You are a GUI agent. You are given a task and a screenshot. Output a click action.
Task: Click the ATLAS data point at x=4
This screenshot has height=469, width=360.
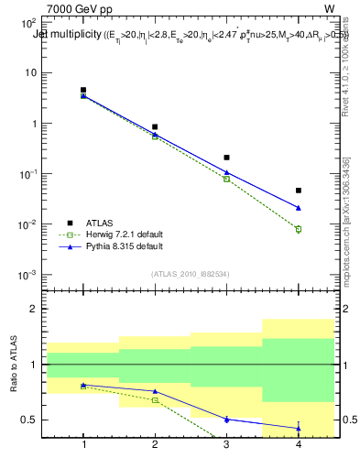[x=299, y=191]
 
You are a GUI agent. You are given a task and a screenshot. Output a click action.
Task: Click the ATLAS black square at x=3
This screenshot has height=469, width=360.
[x=227, y=158]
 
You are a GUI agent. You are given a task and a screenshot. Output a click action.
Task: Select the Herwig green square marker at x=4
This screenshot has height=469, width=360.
[x=299, y=229]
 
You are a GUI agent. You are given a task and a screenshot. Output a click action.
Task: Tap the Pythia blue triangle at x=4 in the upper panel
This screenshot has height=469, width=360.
[x=299, y=207]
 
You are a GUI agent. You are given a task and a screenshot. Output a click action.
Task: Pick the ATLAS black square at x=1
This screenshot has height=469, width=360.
[x=83, y=91]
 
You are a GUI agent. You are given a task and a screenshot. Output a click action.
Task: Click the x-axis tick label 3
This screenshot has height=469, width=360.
[x=227, y=444]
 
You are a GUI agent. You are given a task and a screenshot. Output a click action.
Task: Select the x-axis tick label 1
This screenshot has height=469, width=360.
[x=83, y=444]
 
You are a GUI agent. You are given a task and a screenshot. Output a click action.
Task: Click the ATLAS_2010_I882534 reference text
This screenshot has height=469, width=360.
[x=191, y=274]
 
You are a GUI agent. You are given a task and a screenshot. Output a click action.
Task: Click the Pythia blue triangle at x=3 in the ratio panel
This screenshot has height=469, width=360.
[x=227, y=419]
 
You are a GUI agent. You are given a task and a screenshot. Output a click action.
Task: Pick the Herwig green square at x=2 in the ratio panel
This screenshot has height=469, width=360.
[x=156, y=400]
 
